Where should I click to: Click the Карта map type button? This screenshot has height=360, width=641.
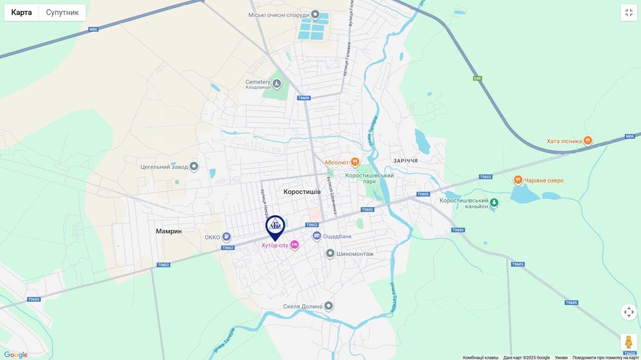pos(22,12)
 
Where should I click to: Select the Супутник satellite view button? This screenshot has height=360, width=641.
pos(62,12)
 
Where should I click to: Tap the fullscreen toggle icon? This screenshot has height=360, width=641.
pos(628,12)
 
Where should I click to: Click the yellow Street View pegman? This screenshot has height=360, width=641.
pos(628,342)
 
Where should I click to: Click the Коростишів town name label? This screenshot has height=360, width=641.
pos(302,192)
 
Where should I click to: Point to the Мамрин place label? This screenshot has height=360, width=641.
pos(169,231)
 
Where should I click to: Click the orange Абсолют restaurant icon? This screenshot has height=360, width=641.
pos(354,162)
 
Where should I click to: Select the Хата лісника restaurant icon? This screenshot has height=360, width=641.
pos(588,140)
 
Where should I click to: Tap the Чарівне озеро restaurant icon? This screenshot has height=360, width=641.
pos(518,180)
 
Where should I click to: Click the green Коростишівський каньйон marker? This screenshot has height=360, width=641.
pos(494,203)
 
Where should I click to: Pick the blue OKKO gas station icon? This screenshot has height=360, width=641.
pos(226,237)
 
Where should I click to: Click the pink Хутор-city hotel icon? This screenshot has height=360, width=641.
pos(294,245)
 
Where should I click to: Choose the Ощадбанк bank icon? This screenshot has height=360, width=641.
pos(317,236)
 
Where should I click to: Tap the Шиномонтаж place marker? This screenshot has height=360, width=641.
pos(330,254)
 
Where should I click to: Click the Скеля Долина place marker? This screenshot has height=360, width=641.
pos(329,306)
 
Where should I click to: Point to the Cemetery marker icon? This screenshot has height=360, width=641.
pos(277,84)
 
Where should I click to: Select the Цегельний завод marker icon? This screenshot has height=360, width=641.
pos(194,167)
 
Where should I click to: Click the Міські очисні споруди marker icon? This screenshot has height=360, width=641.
pos(315,15)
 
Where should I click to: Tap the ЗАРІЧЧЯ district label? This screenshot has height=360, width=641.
pos(405,161)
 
